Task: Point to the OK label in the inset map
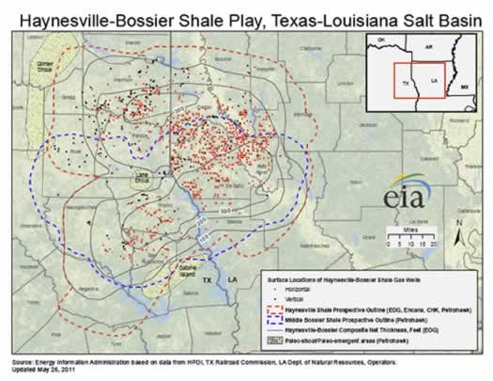(381, 40)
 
